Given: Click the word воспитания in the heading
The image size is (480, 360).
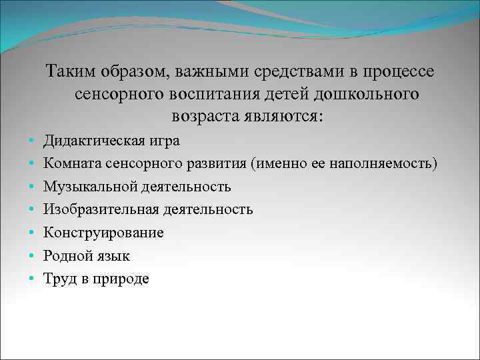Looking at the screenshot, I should (226, 93).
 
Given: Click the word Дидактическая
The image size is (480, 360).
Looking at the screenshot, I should (90, 141).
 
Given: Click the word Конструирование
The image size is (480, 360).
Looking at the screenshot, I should (103, 233).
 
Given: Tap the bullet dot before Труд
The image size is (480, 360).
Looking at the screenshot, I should (31, 279).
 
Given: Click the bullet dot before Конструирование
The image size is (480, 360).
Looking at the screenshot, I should (31, 233).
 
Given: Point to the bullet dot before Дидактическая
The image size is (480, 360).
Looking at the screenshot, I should (31, 141).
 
